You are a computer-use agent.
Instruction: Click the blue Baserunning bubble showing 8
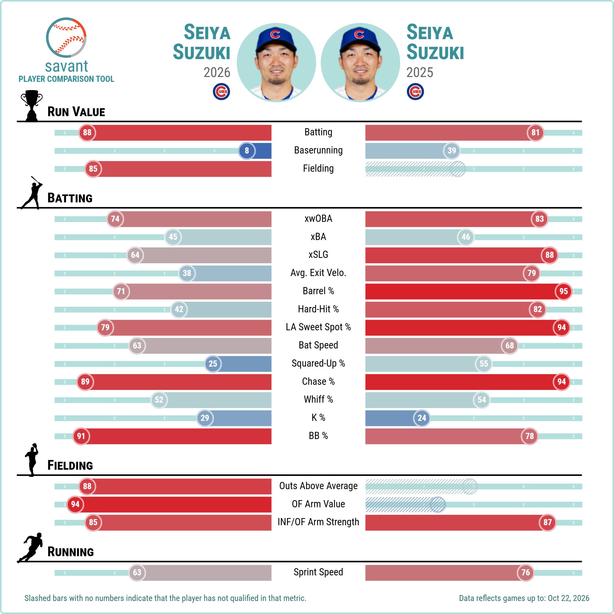(x=247, y=151)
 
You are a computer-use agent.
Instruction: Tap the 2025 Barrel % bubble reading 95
(x=563, y=291)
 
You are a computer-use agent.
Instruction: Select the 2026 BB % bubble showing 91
(x=81, y=436)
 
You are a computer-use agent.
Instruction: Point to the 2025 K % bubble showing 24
(x=422, y=418)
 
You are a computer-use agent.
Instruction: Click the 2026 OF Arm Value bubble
(x=75, y=504)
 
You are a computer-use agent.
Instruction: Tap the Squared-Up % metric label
(x=318, y=363)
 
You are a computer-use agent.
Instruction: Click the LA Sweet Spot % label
(x=318, y=327)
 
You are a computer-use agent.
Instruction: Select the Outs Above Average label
(x=318, y=486)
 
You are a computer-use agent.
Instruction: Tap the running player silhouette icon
(x=30, y=547)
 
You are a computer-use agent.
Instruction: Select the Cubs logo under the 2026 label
(x=221, y=92)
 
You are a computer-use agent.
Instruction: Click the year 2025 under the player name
(x=420, y=72)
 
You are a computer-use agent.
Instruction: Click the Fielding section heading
(x=70, y=466)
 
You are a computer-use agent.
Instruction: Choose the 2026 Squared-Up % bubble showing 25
(x=213, y=364)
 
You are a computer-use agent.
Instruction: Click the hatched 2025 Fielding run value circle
(x=458, y=169)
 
